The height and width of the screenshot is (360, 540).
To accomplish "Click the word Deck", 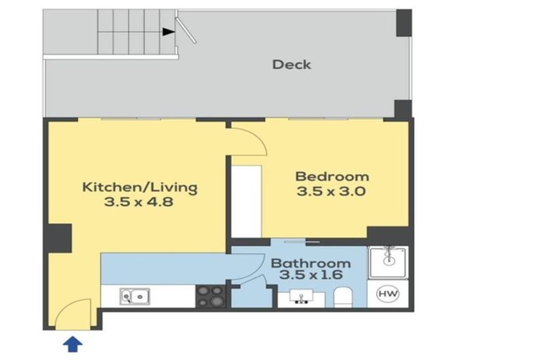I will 291,65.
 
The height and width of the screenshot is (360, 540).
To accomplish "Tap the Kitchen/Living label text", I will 140,188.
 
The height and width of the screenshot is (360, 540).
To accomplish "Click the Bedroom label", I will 332,176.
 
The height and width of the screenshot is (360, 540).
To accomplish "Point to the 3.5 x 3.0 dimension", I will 332,191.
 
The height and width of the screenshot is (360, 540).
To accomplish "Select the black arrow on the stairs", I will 168,31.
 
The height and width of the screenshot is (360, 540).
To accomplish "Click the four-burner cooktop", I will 210,296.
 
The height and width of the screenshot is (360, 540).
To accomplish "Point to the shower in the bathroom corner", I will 387,262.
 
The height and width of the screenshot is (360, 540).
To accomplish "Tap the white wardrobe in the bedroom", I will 246,201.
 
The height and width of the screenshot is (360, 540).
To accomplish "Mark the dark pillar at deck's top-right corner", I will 403,23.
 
